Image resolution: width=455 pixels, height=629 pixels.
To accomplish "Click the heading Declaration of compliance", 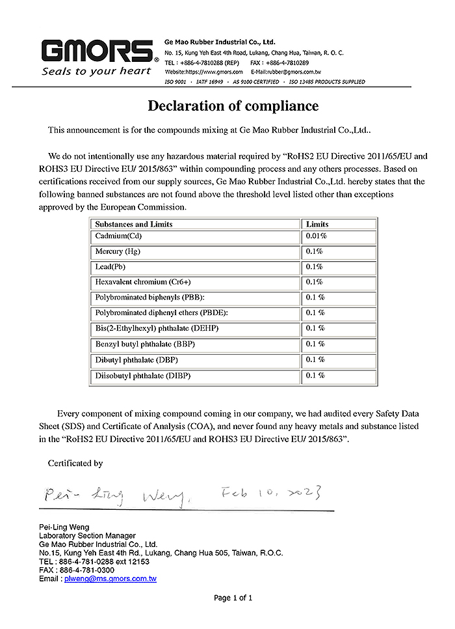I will click(233, 105).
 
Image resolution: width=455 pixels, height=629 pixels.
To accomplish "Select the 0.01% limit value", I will click(316, 236).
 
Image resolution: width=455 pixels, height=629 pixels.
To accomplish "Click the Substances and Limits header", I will click(134, 224).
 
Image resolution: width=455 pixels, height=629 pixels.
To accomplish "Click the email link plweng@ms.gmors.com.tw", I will click(110, 578).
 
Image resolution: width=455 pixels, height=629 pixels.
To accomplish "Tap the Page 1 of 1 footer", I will click(233, 598).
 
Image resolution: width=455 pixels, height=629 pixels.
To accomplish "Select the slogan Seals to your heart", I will click(96, 71).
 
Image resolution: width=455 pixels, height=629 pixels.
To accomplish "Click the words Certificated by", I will click(75, 464).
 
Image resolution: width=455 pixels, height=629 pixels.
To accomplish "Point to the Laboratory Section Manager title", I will click(87, 535).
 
